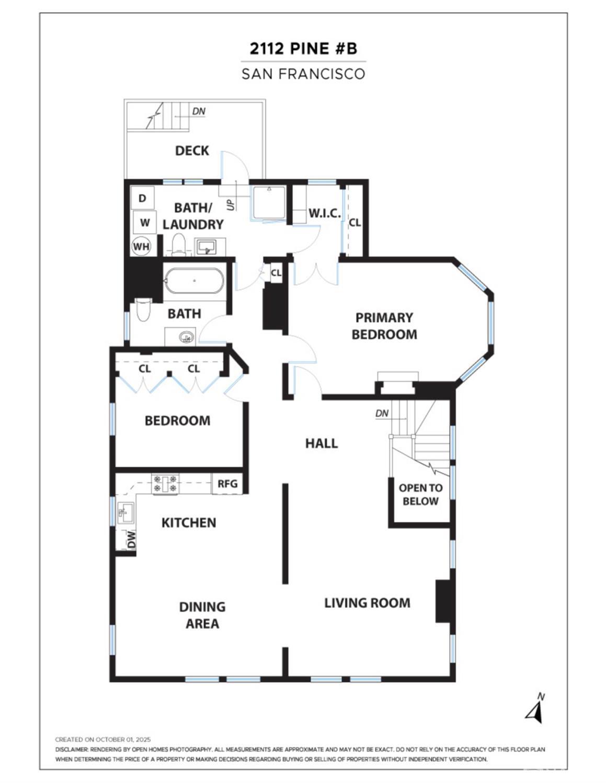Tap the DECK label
coord(192,151)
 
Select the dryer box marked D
coord(142,198)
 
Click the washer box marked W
coord(145,223)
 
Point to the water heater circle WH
coord(141,247)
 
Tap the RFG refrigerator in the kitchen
coord(227,484)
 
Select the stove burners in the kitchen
coord(165,484)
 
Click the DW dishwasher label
coord(131,540)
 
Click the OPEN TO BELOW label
coord(420,495)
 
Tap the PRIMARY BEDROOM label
coord(384,326)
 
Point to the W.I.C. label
coord(324,213)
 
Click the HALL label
coord(322,443)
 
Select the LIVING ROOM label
coord(367,603)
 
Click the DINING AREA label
coord(202,615)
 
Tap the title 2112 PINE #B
coord(303,49)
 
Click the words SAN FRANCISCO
coord(303,74)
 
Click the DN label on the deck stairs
coord(199,111)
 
